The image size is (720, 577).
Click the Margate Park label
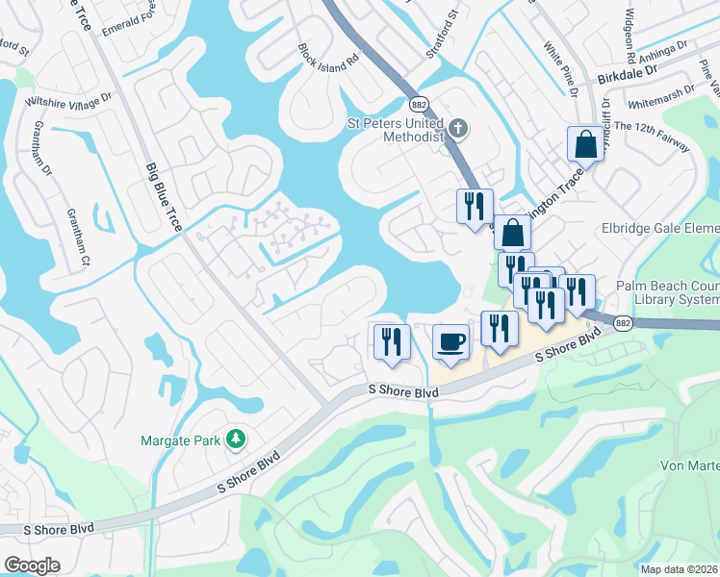(x=182, y=440)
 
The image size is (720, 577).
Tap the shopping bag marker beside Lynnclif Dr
(x=585, y=145)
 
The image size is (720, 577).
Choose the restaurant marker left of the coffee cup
(x=392, y=342)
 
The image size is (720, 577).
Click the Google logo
(x=32, y=565)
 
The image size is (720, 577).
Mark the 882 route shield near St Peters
(x=418, y=104)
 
